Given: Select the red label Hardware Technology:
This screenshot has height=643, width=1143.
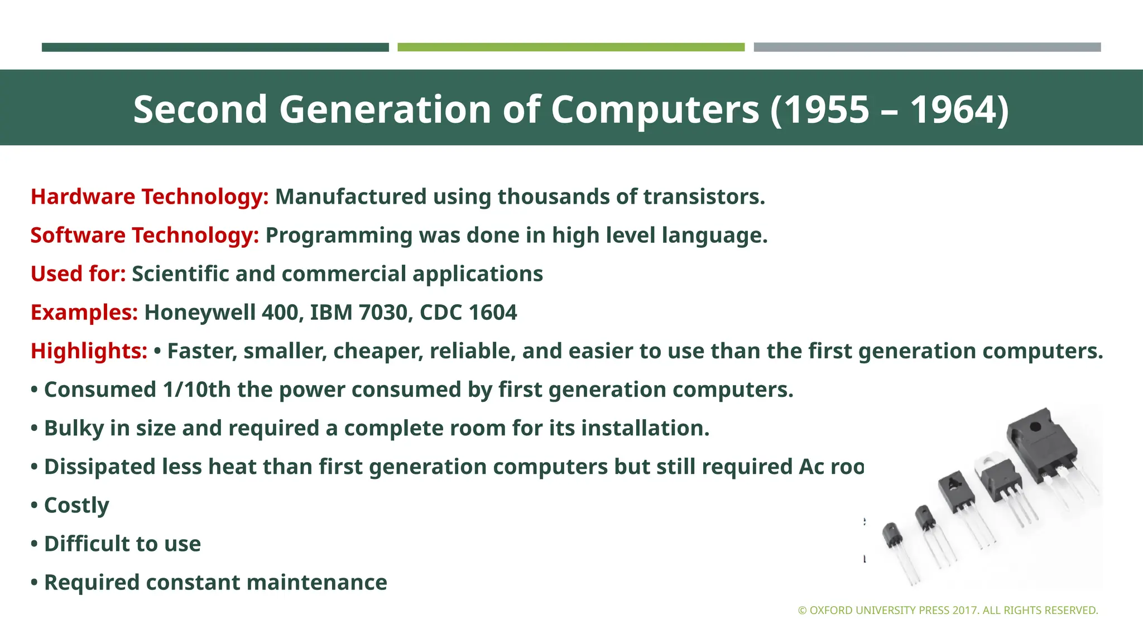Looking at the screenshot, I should click(150, 197).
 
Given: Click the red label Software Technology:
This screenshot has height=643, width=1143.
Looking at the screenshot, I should click(145, 236).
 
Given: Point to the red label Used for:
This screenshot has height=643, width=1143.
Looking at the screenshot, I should click(78, 274).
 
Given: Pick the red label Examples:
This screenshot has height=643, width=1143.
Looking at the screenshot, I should click(84, 313).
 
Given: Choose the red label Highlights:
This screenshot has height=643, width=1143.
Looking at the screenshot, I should click(89, 351).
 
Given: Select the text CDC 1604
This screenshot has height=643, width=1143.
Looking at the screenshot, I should click(468, 313).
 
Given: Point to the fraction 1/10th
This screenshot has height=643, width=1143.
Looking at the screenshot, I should click(196, 390).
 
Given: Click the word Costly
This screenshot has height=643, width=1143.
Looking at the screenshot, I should click(76, 506).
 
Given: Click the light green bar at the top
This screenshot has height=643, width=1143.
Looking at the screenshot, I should click(571, 47).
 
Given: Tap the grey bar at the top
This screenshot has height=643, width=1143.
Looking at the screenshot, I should click(927, 47).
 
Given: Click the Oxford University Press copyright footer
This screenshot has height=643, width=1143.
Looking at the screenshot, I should click(948, 611).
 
